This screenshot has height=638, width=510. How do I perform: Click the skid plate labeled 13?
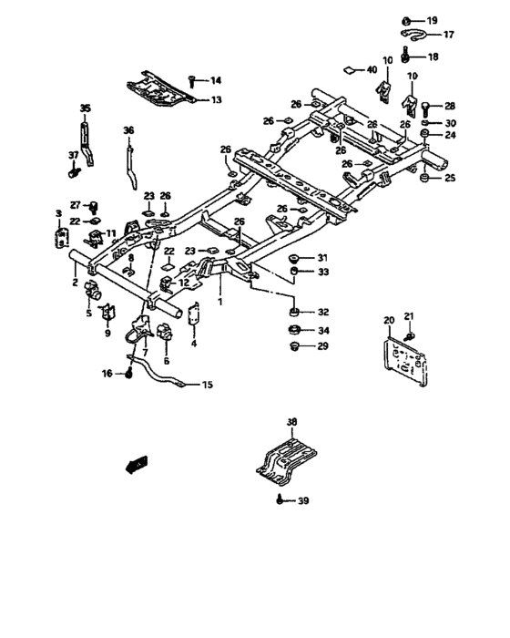pyautogui.click(x=158, y=90)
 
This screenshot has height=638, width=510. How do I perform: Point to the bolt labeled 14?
pyautogui.click(x=193, y=80)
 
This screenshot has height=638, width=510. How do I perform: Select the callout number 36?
pyautogui.click(x=128, y=129)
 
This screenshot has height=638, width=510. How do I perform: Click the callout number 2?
pyautogui.click(x=75, y=283)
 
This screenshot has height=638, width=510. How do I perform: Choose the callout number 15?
pyautogui.click(x=207, y=386)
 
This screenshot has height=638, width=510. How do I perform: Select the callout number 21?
pyautogui.click(x=409, y=315)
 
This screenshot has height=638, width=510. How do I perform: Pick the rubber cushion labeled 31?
pyautogui.click(x=294, y=258)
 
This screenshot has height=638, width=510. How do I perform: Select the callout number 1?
pyautogui.click(x=219, y=297)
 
